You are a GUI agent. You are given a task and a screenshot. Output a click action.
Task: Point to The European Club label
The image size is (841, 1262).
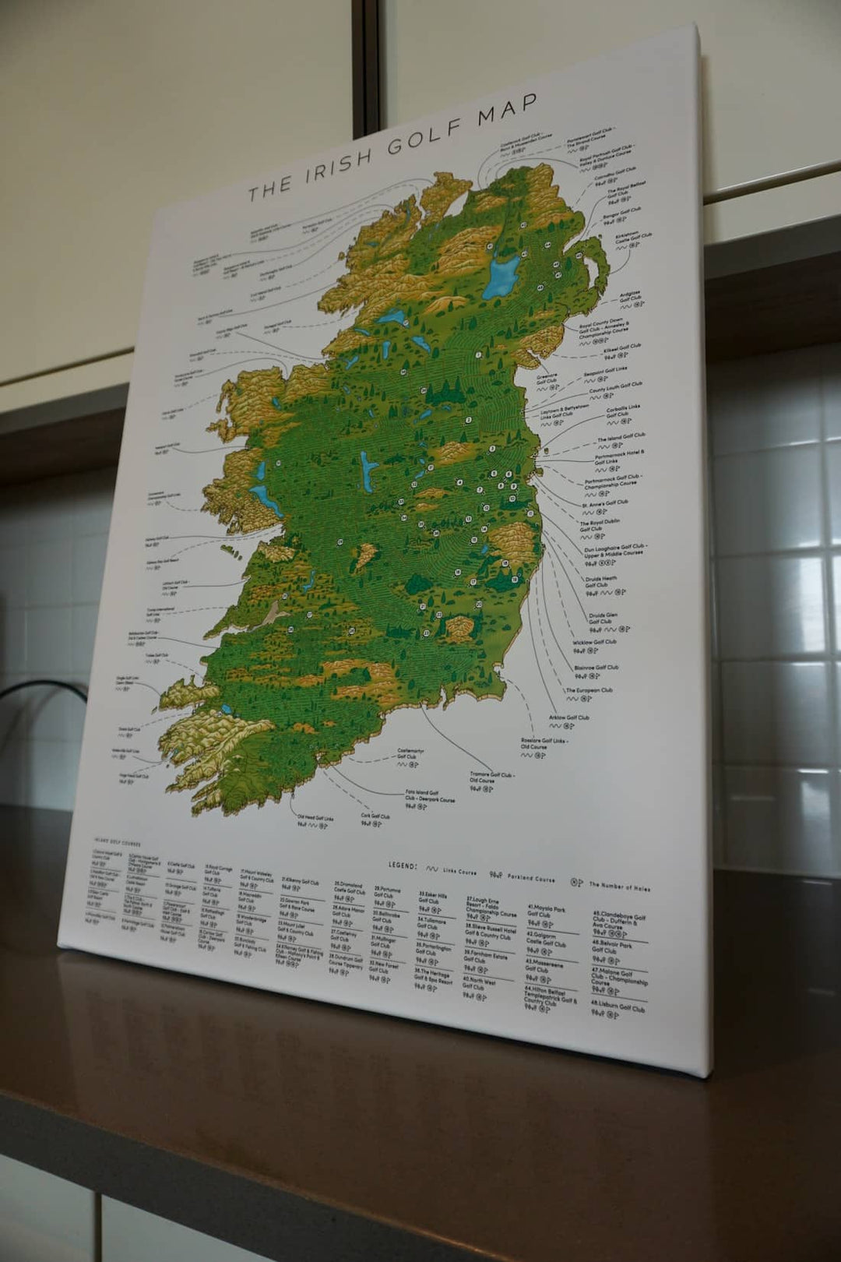tap(589, 690)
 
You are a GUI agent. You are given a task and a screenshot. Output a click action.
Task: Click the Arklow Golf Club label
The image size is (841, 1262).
tap(568, 717)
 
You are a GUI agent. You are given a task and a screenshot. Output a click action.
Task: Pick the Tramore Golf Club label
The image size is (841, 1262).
tap(491, 777)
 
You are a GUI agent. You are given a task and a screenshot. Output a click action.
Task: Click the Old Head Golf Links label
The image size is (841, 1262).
tap(315, 818)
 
